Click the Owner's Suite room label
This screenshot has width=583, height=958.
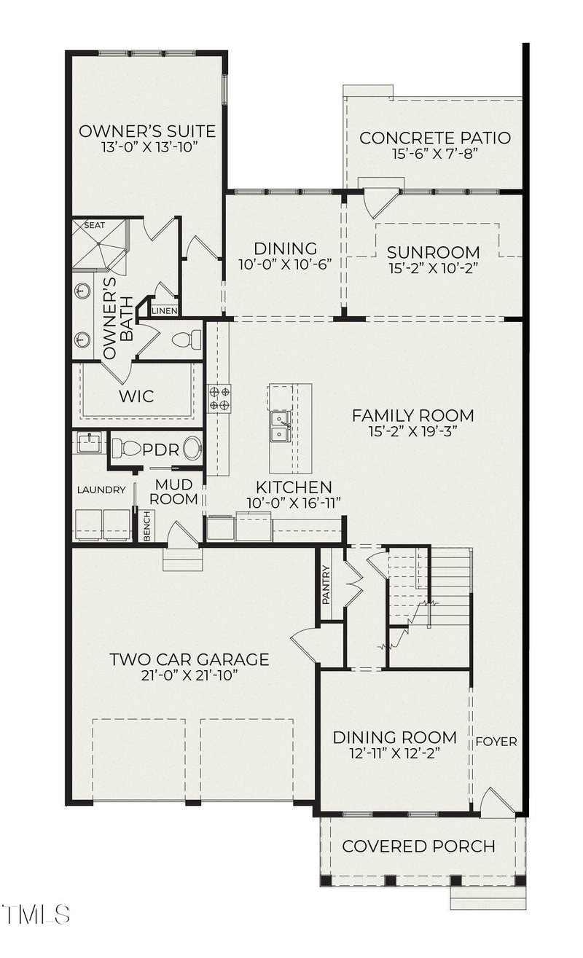[x=147, y=131]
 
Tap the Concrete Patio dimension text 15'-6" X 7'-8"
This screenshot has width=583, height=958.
[x=434, y=154]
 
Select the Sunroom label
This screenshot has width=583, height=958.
[x=434, y=252]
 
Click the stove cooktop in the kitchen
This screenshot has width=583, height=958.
[x=219, y=398]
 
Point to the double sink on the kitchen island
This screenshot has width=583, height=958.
[x=280, y=426]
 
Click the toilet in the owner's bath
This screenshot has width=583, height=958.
[x=187, y=339]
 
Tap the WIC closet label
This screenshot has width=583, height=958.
[x=136, y=396]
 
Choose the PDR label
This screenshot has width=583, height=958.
[x=160, y=450]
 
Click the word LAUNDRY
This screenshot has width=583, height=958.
[x=101, y=490]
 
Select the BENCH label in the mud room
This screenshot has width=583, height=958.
[x=147, y=526]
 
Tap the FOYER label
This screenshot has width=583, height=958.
[x=496, y=742]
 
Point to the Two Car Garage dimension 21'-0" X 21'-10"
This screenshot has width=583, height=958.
[x=189, y=676]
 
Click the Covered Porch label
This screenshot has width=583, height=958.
[x=419, y=847]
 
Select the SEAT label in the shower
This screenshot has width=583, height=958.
[x=95, y=225]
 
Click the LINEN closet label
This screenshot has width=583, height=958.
[x=165, y=311]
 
